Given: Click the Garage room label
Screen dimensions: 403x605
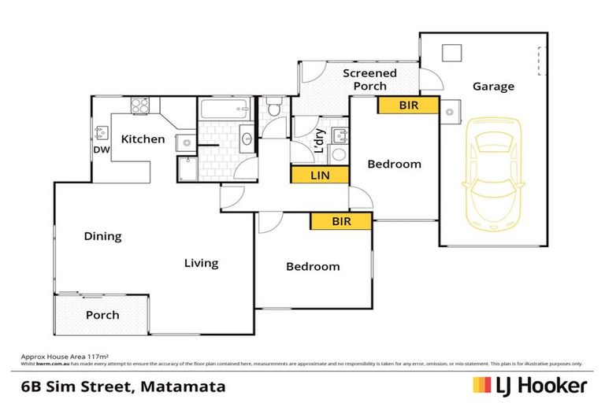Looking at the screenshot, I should point(493,87).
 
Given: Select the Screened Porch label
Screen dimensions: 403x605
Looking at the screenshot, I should point(369,79).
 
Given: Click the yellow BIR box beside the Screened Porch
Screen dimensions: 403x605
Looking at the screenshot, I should point(407,105).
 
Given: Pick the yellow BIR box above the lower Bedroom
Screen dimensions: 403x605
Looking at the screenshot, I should point(340,222).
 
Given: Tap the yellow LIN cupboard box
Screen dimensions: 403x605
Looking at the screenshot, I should point(319,176).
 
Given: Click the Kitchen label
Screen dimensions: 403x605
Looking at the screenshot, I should point(143,139).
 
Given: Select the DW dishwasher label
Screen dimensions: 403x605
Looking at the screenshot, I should point(101,150).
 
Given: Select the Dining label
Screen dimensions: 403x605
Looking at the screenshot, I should point(103,236).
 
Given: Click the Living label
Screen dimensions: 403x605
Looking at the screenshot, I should point(201,263).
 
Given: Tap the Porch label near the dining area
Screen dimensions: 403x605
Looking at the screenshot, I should point(102,315).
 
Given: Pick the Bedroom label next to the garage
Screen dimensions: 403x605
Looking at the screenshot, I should point(394,165).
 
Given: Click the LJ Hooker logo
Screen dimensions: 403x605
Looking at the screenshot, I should point(529,386).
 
